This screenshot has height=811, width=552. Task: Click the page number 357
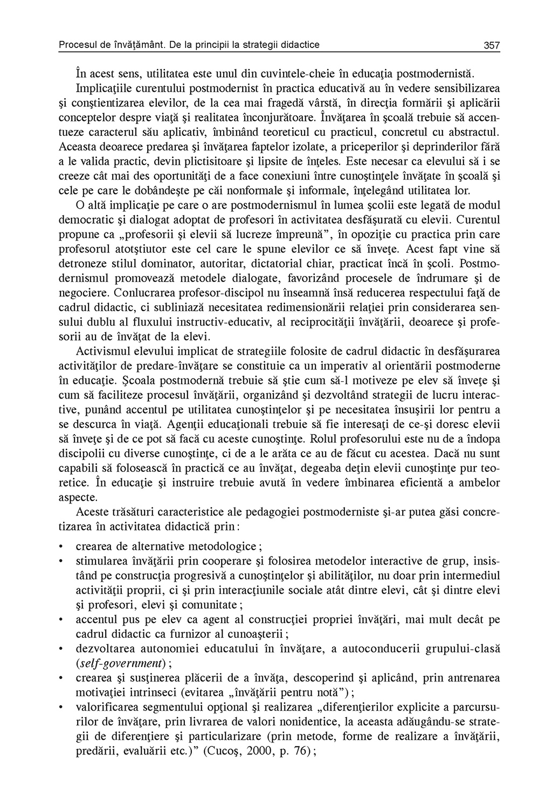492,45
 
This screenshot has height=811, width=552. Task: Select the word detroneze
81,265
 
